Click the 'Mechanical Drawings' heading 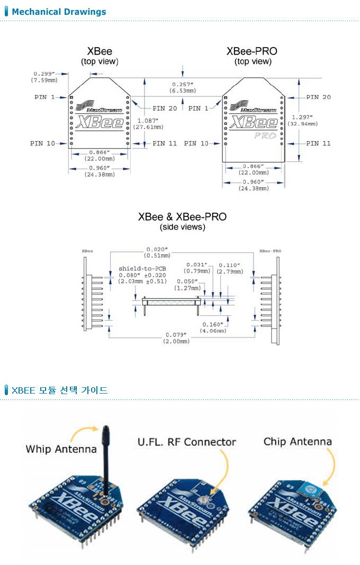coord(59,12)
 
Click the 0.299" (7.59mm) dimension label coord(44,76)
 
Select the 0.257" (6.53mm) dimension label coord(183,87)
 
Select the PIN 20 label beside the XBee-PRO coord(318,97)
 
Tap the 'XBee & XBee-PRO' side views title coord(182,217)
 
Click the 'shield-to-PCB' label coord(142,268)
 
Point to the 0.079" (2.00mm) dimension coord(176,338)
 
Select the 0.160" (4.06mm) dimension coord(213,327)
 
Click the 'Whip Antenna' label coord(61,449)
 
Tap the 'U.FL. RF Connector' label coord(186,442)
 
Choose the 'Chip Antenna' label coord(298,442)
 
